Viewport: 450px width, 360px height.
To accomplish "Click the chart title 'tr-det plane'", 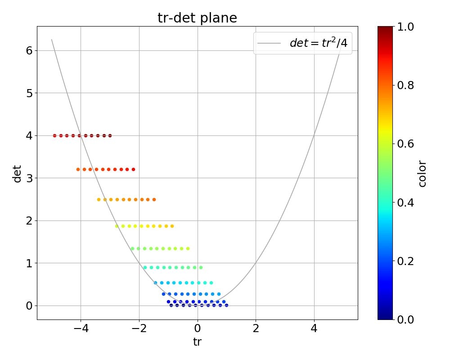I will (x=197, y=18).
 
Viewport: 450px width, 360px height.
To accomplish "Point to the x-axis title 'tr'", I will (x=197, y=342).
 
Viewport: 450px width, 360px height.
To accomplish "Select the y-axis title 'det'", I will (x=17, y=173).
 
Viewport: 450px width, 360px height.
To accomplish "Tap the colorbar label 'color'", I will (x=422, y=173).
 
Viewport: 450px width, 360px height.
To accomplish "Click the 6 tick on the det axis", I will (x=29, y=50).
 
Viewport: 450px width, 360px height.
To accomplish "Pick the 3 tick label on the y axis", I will (x=29, y=178).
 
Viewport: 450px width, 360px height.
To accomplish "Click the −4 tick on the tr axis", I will (x=81, y=329).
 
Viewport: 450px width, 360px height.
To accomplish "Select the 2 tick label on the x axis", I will (x=256, y=329).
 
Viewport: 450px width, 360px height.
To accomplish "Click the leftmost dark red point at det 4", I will (x=54, y=135).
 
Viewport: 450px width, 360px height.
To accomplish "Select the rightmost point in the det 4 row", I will (x=110, y=135).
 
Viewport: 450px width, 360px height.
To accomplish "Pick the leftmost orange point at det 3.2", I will (x=78, y=170).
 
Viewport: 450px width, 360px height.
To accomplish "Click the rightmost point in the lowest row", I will (x=226, y=305).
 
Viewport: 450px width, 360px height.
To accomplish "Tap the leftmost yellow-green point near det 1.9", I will (x=117, y=226).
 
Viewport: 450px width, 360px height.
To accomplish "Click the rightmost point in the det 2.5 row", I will (x=154, y=199).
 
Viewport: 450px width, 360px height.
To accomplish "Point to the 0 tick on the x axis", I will (x=197, y=329).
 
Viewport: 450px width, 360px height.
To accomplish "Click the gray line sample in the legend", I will (x=269, y=43).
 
